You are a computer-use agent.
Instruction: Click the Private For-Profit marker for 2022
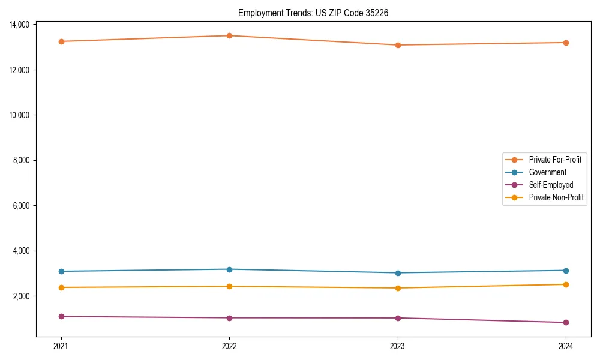coord(229,35)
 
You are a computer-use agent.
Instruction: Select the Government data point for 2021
coord(61,271)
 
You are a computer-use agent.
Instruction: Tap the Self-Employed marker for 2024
coord(566,322)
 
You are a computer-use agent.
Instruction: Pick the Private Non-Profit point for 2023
coord(398,288)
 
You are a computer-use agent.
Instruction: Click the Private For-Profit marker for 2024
coord(566,43)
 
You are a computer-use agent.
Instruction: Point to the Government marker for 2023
coord(398,273)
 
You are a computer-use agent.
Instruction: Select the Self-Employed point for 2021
coord(61,316)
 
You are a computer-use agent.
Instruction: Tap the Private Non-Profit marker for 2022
coord(229,286)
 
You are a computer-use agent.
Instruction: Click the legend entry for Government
coord(547,172)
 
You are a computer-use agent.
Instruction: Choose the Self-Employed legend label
coord(551,185)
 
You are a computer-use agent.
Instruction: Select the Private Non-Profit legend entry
coord(556,197)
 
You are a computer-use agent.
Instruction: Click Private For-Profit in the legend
coord(555,160)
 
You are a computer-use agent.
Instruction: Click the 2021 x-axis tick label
coord(61,346)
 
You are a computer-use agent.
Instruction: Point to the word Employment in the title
coord(258,13)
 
